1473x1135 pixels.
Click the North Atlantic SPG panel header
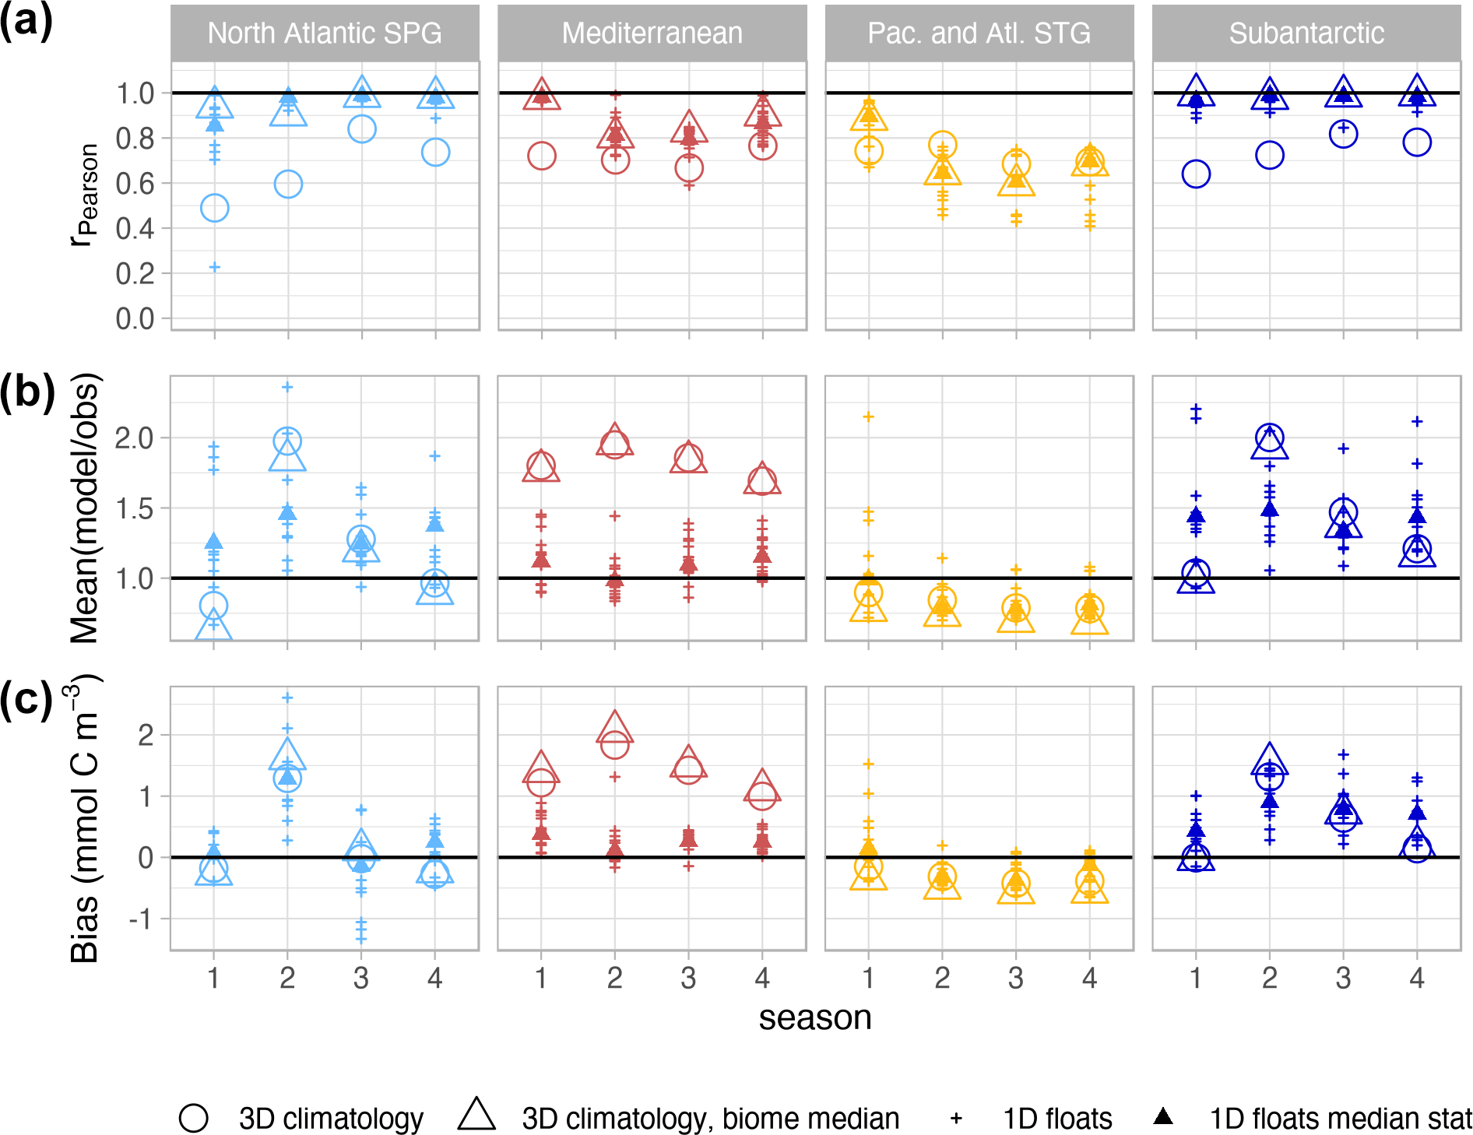point(325,33)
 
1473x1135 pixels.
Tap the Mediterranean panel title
point(652,33)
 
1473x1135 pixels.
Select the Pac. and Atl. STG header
point(979,33)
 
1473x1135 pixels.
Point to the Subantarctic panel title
point(1306,33)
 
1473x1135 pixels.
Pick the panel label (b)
point(26,392)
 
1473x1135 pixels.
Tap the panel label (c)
point(26,700)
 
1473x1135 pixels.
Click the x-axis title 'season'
point(814,1017)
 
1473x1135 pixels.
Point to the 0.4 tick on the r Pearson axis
point(135,229)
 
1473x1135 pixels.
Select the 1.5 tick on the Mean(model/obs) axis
point(135,508)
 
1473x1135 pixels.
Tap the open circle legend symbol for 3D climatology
point(193,1118)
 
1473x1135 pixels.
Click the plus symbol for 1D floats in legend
point(956,1119)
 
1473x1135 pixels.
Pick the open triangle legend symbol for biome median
point(477,1115)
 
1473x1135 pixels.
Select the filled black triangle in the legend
point(1163,1117)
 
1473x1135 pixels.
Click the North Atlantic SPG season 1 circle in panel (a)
point(214,208)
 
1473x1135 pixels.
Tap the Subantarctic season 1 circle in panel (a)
point(1196,174)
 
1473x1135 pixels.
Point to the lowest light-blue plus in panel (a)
point(214,267)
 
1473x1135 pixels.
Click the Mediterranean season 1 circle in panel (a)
point(541,156)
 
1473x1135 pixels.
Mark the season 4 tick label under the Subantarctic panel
point(1417,978)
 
